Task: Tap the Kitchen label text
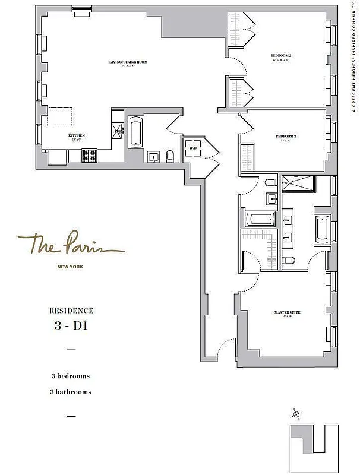click(76, 135)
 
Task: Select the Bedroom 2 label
click(282, 56)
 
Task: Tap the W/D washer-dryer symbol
click(193, 147)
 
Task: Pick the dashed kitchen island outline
click(60, 117)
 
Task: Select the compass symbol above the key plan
click(296, 414)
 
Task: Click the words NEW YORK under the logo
click(70, 268)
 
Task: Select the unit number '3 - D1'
click(71, 325)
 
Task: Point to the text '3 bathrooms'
click(71, 392)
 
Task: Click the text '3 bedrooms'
click(71, 376)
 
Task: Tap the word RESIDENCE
click(71, 310)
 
